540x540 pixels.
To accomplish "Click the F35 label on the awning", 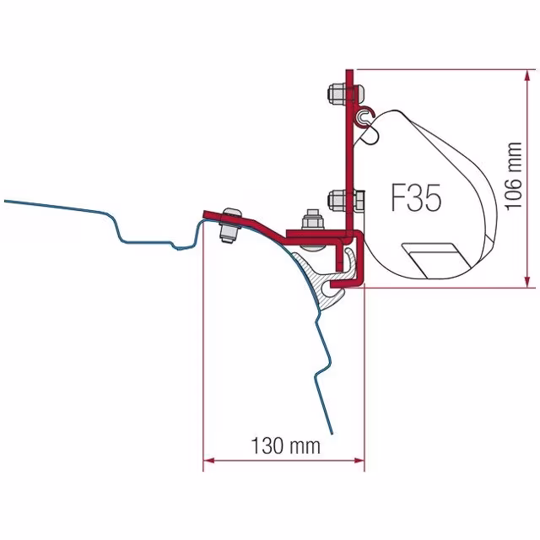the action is pos(416,197).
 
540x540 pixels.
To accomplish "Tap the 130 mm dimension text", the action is pos(286,445).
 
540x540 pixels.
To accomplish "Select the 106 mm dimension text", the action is pos(513,175).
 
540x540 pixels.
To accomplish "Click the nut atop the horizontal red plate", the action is pos(312,220).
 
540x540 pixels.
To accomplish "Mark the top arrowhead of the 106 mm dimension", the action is pos(526,76).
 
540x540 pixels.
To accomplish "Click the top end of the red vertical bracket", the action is pos(349,71).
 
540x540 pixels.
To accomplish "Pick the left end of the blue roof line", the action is pos(5,201).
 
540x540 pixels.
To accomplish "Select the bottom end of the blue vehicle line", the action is pos(332,434).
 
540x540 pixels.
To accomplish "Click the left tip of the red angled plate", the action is pos(204,213).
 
